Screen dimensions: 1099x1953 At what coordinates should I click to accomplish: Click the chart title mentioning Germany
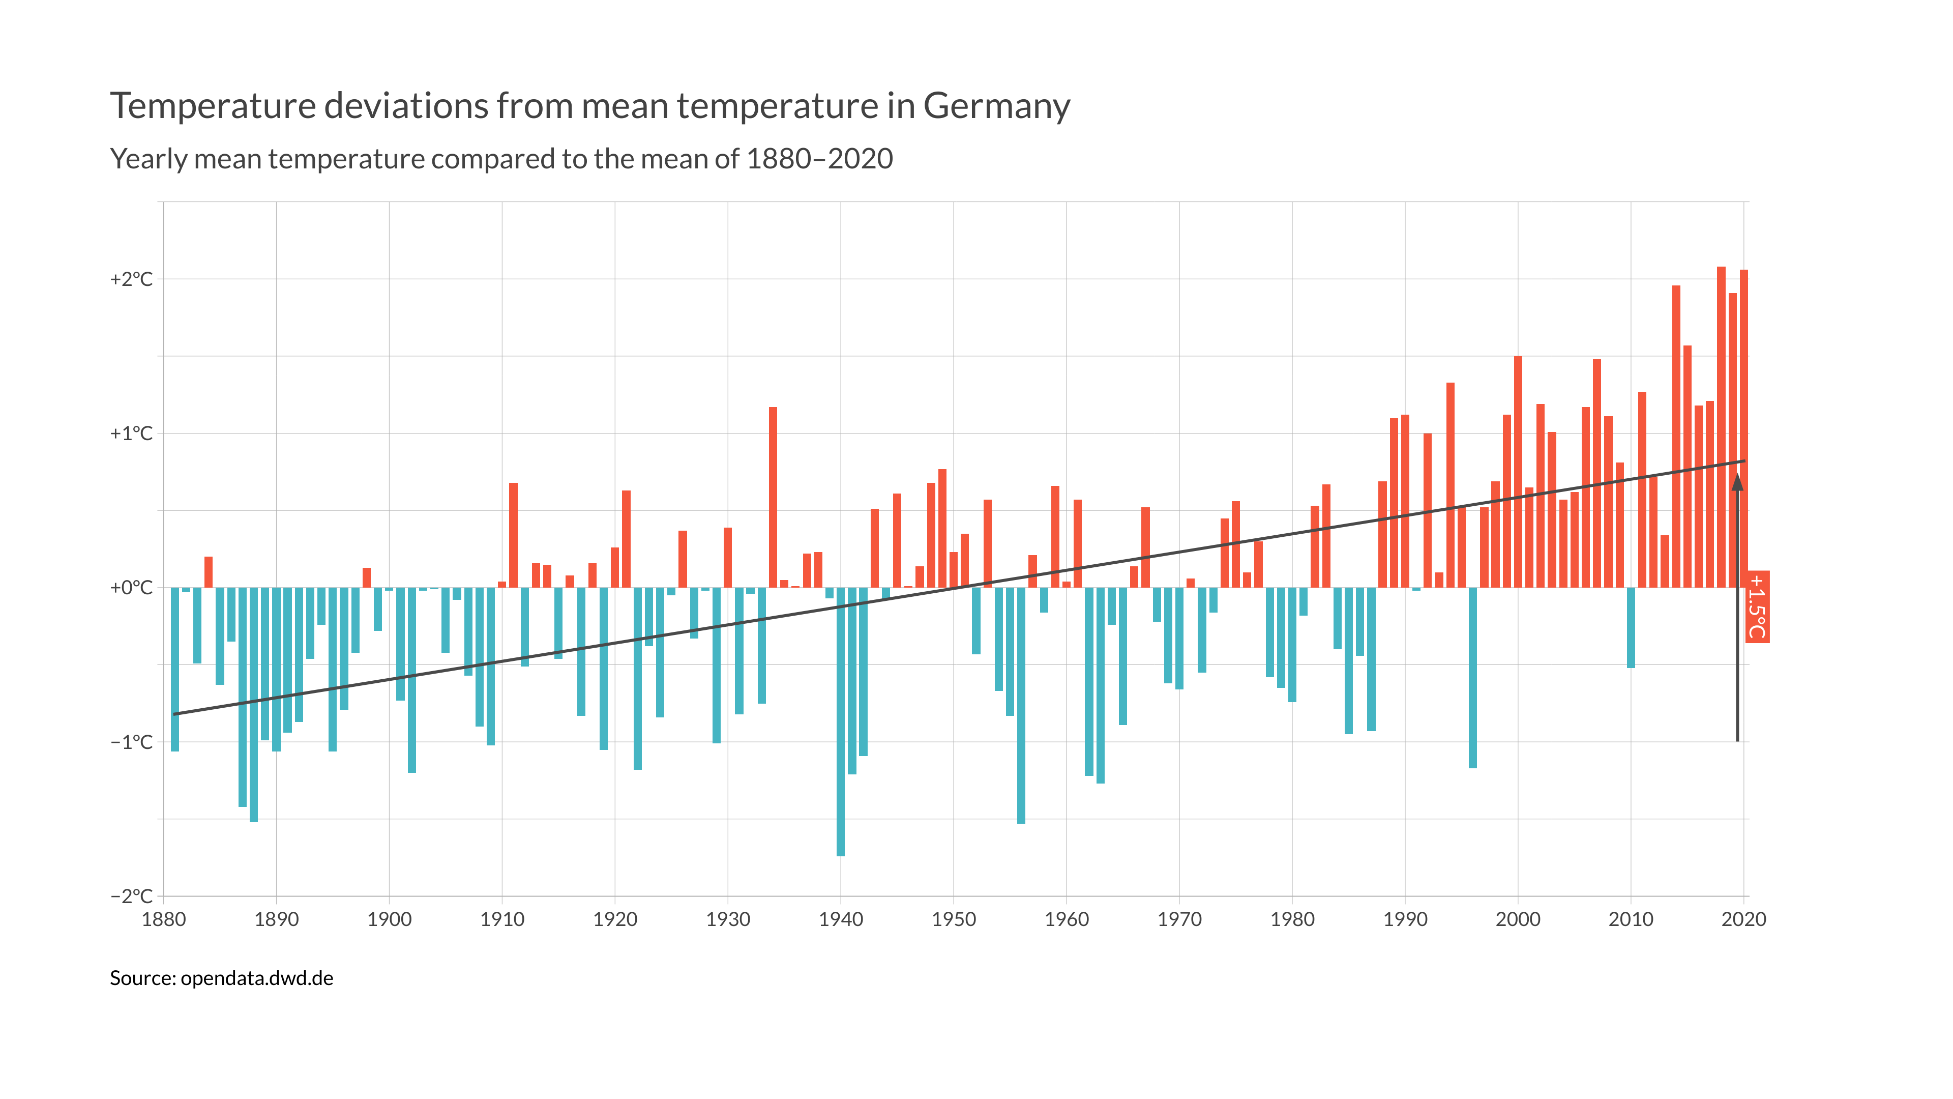(590, 105)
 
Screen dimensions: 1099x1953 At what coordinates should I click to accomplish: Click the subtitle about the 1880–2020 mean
(501, 159)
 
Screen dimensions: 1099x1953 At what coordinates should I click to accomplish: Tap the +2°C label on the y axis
(131, 279)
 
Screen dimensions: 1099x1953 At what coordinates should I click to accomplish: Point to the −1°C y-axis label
(131, 742)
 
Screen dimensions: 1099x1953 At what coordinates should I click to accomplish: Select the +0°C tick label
(131, 588)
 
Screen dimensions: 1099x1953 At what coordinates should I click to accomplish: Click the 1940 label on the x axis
(841, 919)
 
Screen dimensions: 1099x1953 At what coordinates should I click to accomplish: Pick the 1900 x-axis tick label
(389, 919)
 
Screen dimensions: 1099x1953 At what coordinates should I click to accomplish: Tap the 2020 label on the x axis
(1743, 919)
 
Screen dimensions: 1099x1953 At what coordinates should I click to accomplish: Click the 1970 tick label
(1179, 919)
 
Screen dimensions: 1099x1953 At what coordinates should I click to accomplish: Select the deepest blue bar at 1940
(841, 720)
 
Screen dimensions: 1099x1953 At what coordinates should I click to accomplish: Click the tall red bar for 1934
(773, 497)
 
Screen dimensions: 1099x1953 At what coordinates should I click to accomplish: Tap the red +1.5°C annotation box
(1757, 607)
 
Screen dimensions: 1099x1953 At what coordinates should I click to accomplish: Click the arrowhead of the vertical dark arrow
(1737, 482)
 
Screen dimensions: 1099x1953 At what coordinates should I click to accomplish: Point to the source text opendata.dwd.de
(221, 978)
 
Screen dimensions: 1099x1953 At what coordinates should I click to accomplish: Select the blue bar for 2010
(1631, 627)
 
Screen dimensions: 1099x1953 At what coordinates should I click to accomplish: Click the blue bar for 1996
(1472, 677)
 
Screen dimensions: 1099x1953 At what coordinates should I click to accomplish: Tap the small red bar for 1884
(209, 572)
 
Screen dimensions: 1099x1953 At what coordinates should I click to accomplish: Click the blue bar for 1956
(1021, 705)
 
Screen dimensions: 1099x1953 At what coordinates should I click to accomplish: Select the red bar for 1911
(513, 535)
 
